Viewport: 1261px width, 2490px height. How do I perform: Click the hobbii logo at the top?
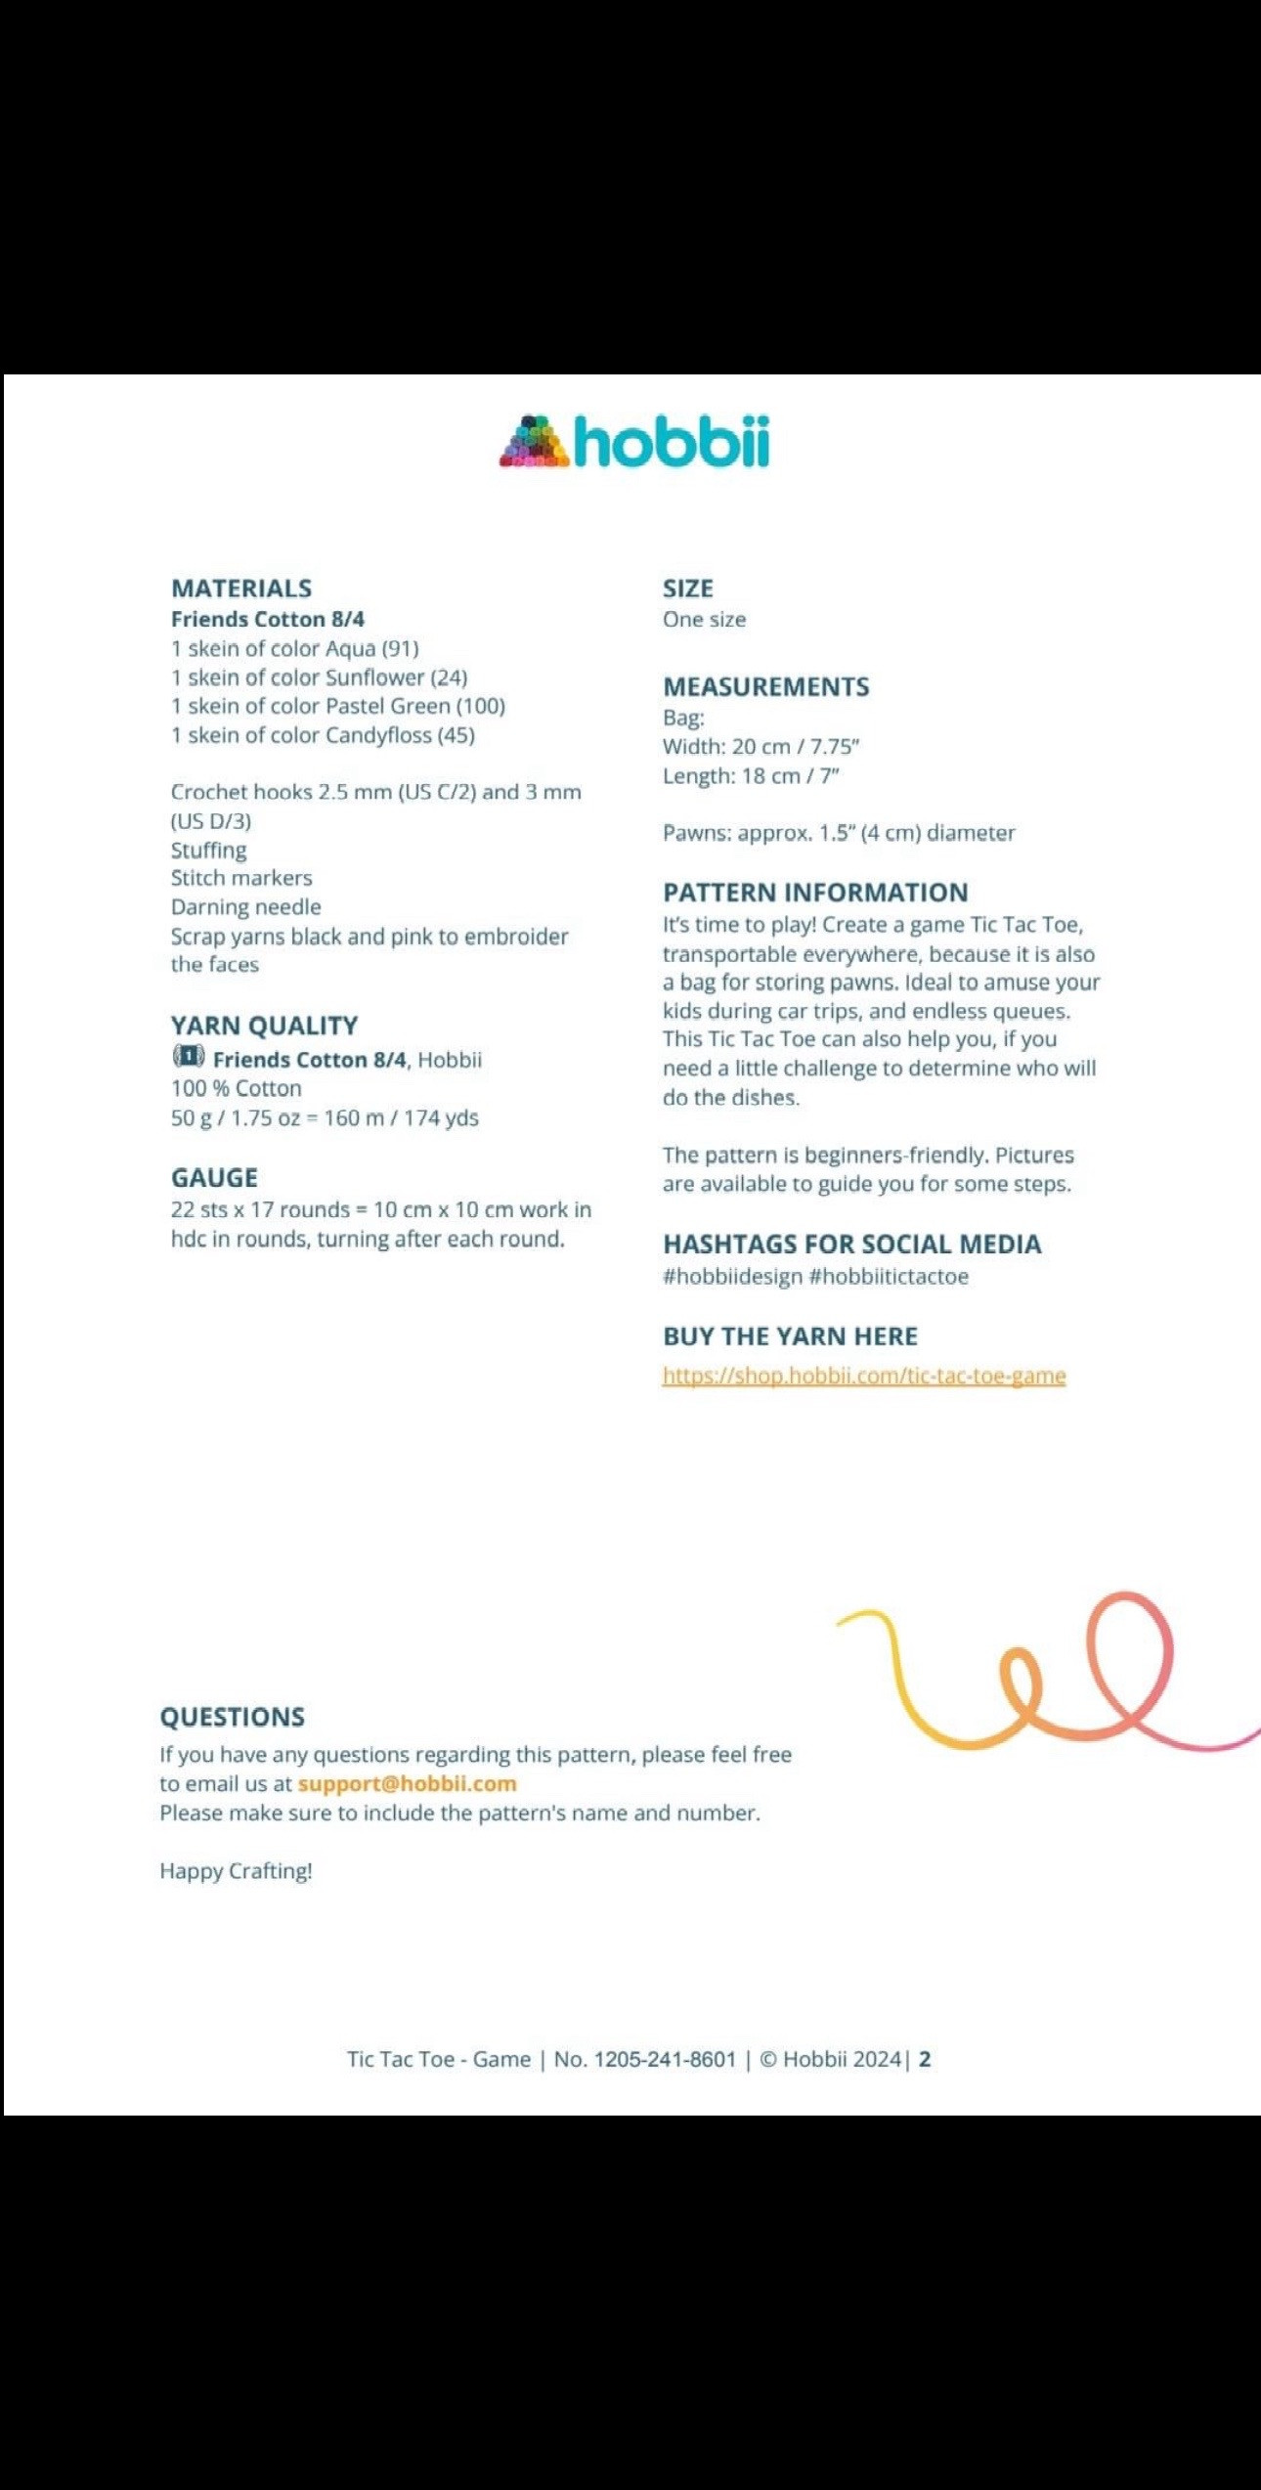[634, 442]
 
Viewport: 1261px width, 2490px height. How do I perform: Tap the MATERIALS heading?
[241, 589]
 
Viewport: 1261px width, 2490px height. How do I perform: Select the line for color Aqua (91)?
[294, 648]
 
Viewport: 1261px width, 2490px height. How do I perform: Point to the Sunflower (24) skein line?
[319, 677]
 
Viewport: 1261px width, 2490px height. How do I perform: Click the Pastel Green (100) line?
[337, 706]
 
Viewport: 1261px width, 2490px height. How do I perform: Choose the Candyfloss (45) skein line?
[323, 735]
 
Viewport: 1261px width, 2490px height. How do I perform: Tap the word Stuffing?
[208, 850]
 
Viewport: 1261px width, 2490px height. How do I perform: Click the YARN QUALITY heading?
[264, 1026]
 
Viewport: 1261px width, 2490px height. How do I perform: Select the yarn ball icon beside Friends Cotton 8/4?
[188, 1057]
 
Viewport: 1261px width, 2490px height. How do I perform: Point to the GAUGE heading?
[214, 1178]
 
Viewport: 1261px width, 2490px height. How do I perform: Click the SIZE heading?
[687, 589]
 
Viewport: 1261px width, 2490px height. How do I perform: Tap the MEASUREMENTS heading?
[765, 687]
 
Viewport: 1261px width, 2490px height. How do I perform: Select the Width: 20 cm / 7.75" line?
[761, 747]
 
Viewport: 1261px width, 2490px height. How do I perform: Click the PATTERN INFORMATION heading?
[815, 893]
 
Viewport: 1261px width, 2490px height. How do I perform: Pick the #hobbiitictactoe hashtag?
[889, 1277]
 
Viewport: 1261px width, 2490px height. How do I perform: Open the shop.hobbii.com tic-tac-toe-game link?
[864, 1376]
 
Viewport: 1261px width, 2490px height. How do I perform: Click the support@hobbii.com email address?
[407, 1783]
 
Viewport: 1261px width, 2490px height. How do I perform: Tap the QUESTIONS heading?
[233, 1717]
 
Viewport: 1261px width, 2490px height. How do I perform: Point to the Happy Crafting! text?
[236, 1870]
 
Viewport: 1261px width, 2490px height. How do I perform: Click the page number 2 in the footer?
[925, 2059]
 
